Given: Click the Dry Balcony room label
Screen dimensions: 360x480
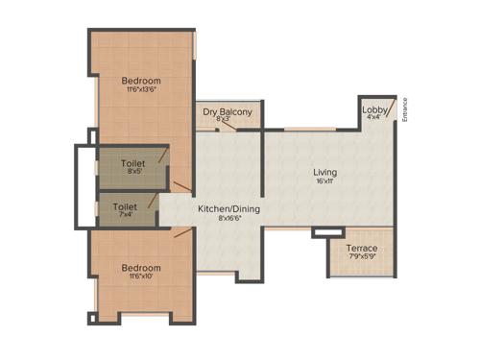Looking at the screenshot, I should point(228,112).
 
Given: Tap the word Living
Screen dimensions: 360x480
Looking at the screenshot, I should point(324,173).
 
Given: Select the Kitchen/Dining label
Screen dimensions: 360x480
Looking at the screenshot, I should point(228,208).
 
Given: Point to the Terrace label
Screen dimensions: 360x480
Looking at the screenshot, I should point(361,249).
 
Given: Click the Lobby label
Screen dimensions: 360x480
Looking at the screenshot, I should point(374,110).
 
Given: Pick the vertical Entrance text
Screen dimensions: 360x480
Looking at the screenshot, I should point(407,112).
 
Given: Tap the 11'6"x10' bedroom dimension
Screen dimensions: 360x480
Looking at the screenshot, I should point(141,277).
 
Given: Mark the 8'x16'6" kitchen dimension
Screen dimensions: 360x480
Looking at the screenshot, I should point(228,218).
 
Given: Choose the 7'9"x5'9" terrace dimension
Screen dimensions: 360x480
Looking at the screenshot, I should point(361,256).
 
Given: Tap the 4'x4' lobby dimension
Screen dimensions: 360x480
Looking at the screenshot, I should point(374,119).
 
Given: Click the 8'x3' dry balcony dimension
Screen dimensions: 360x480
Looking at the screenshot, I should point(228,121).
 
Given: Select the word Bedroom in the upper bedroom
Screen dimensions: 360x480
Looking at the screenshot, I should point(141,80).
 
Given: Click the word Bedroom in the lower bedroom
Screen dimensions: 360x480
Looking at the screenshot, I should point(141,268).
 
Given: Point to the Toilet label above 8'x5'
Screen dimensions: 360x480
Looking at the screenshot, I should point(133,164).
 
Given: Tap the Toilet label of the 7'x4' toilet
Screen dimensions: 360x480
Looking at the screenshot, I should point(125,205).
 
